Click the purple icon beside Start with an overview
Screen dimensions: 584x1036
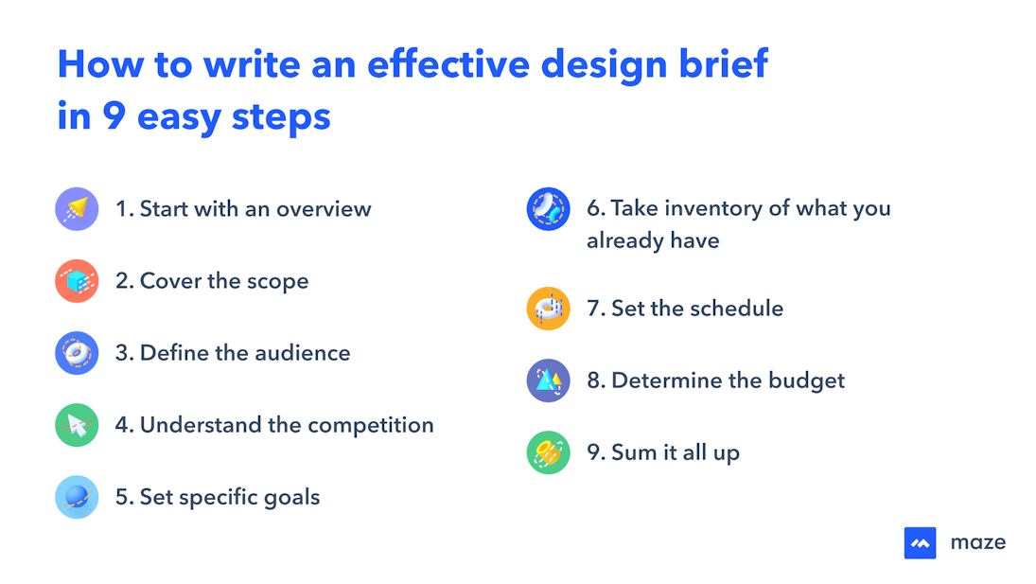(77, 209)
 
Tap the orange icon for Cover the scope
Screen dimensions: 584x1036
(77, 281)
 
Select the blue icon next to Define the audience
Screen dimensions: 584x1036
(77, 353)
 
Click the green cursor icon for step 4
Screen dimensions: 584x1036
(77, 425)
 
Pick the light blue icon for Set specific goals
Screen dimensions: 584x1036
(77, 497)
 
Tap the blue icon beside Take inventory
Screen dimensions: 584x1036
(548, 209)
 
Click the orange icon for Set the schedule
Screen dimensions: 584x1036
(548, 309)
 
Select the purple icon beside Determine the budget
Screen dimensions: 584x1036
(548, 380)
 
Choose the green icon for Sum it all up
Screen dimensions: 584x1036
(548, 452)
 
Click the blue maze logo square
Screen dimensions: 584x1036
(920, 542)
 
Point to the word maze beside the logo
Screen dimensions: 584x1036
(977, 542)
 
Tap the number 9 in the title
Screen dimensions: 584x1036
(114, 116)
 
